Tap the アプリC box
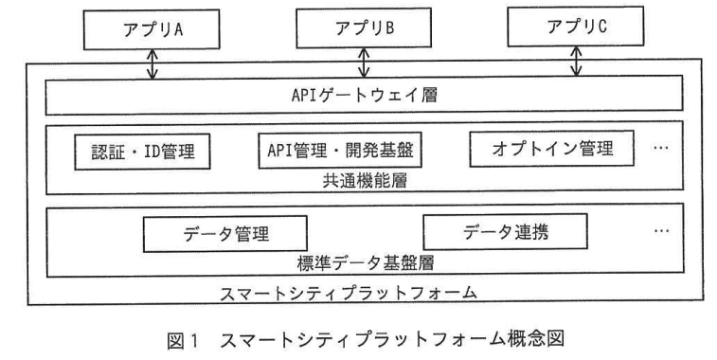click(577, 28)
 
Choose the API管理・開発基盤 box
click(339, 150)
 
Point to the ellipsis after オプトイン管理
click(662, 151)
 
